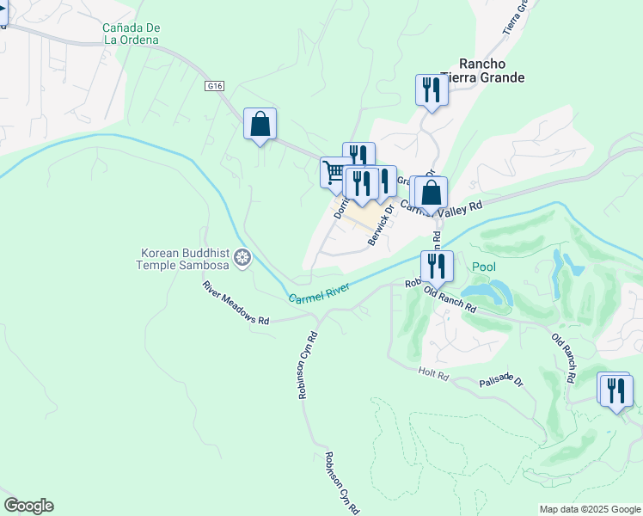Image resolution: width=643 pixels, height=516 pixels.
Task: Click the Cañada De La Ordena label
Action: pyautogui.click(x=131, y=34)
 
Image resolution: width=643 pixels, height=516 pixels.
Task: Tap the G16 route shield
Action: pyautogui.click(x=215, y=86)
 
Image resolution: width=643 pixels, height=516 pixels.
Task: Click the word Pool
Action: pyautogui.click(x=483, y=267)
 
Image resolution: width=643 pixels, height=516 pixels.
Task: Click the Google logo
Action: pyautogui.click(x=28, y=506)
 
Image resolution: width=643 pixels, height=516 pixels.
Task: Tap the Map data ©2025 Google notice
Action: pyautogui.click(x=589, y=509)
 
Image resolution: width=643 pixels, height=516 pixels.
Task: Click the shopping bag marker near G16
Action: pyautogui.click(x=260, y=125)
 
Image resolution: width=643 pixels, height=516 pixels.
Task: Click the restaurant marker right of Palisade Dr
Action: pyautogui.click(x=615, y=390)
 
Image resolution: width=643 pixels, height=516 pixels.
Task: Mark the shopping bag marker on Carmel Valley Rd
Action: pyautogui.click(x=433, y=193)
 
